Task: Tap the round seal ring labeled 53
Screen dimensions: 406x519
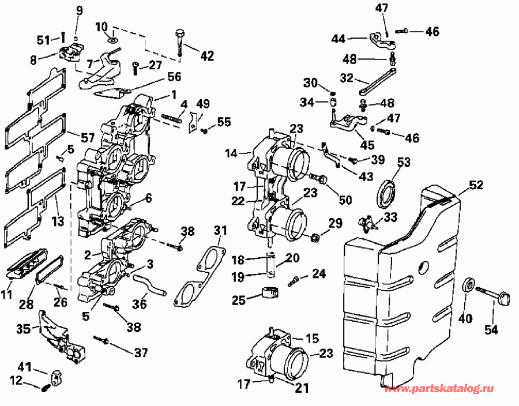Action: point(388,193)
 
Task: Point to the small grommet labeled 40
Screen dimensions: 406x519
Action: point(470,285)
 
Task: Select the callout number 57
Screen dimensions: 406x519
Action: point(87,138)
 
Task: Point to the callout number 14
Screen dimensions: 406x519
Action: point(231,154)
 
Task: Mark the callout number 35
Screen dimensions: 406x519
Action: point(24,329)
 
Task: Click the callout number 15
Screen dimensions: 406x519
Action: point(312,338)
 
